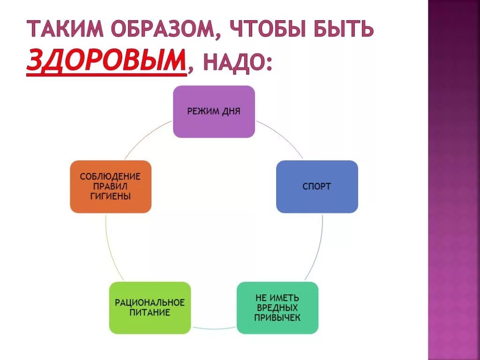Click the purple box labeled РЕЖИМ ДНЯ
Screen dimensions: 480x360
[214, 112]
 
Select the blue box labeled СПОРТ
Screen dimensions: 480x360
[317, 187]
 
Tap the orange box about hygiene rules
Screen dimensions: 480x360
[111, 187]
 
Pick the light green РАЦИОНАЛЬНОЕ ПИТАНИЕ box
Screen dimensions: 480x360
[150, 307]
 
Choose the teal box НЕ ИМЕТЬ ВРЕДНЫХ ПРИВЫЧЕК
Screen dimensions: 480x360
[277, 307]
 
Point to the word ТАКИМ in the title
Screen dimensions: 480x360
[65, 30]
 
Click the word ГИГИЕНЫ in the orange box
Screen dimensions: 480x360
[111, 196]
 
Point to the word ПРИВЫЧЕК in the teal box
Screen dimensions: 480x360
[277, 317]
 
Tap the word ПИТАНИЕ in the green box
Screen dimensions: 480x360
[150, 313]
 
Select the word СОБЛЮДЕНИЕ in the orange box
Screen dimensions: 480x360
[111, 177]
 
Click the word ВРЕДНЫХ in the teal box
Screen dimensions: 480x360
[277, 307]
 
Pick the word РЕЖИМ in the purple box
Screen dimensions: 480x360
[201, 112]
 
